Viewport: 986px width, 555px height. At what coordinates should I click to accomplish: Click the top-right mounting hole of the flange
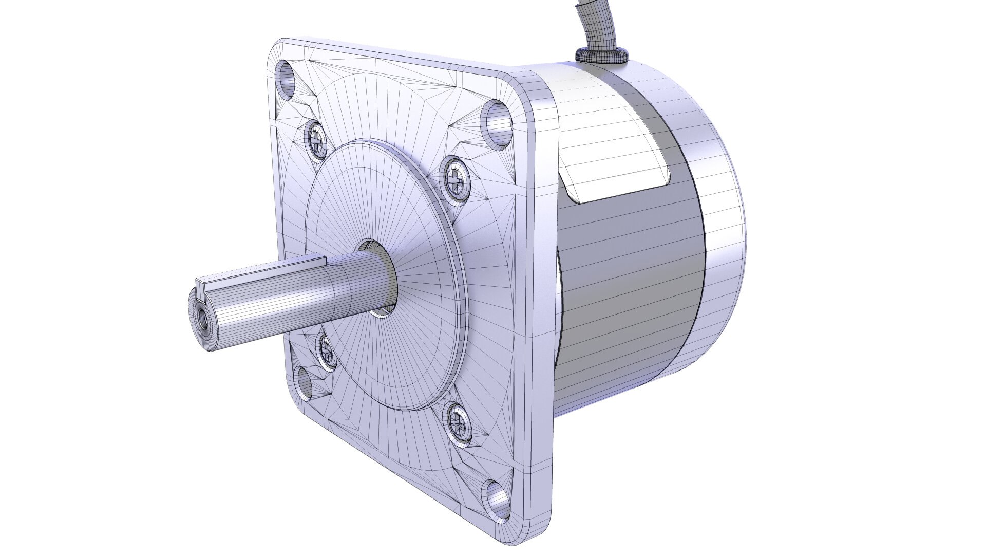coord(497,123)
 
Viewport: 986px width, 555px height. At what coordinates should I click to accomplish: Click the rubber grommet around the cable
coord(601,54)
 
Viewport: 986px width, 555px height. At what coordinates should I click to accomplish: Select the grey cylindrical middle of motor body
coord(632,288)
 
